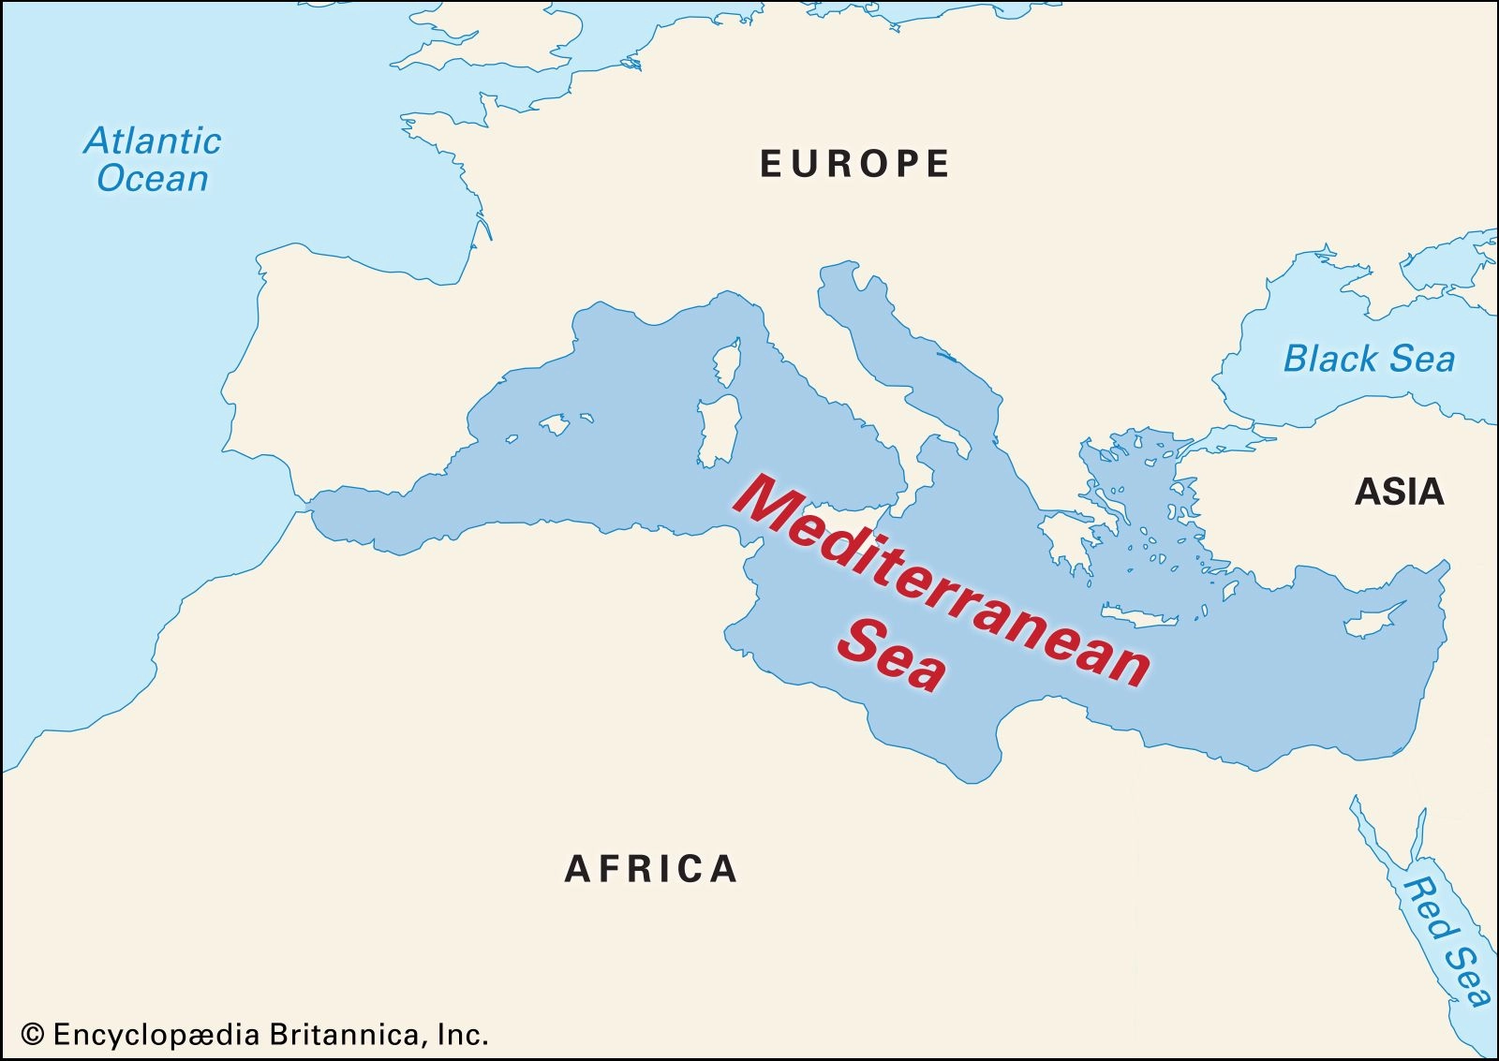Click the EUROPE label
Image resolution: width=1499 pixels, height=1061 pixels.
point(854,164)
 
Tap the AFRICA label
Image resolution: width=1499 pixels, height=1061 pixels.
point(651,869)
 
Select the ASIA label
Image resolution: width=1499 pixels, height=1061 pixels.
point(1399,492)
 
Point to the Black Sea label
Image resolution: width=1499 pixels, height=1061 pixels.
point(1369,359)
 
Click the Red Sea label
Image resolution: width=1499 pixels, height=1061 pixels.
point(1447,941)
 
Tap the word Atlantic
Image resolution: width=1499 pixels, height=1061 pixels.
point(153,141)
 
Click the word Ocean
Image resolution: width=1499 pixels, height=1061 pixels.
point(153,179)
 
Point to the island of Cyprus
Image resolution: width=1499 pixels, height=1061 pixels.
point(1373,621)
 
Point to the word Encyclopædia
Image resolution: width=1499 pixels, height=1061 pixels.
point(156,1035)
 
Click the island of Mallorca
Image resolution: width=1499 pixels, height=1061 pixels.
point(555,425)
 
